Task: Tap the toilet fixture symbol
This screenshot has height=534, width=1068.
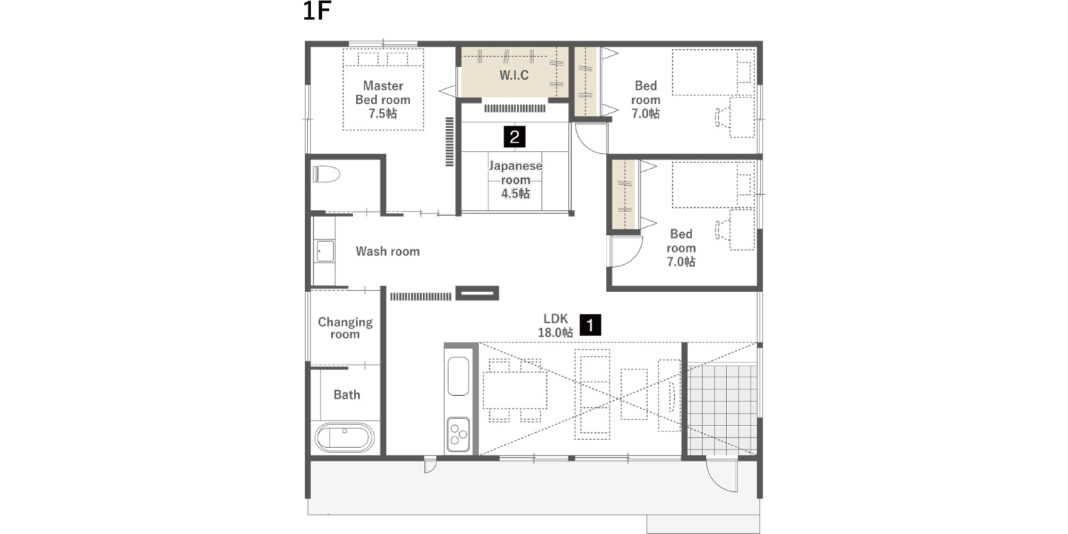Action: click(x=327, y=174)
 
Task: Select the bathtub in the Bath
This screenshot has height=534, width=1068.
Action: click(x=345, y=437)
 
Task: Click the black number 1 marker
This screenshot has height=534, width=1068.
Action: click(x=590, y=325)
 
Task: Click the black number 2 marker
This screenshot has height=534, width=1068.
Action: click(x=514, y=136)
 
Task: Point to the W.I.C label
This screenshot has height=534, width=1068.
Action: click(x=514, y=75)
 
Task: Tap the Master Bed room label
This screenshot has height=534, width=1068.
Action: click(x=383, y=100)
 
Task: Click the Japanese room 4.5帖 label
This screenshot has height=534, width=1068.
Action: click(x=515, y=179)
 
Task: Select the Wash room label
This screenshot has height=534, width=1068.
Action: click(x=387, y=251)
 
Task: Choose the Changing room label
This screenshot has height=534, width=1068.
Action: click(x=345, y=328)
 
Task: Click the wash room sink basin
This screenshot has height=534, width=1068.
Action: click(x=325, y=251)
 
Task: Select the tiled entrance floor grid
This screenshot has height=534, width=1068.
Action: click(x=722, y=409)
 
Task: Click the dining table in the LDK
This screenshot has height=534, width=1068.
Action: click(x=515, y=389)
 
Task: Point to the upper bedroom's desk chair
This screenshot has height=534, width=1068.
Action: click(x=720, y=117)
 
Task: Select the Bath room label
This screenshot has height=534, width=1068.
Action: click(x=347, y=394)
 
